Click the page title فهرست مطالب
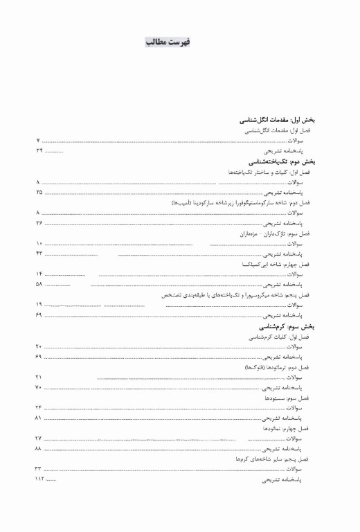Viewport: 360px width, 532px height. click(168, 42)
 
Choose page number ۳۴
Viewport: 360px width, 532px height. click(39, 150)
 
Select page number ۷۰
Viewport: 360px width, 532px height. click(39, 387)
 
